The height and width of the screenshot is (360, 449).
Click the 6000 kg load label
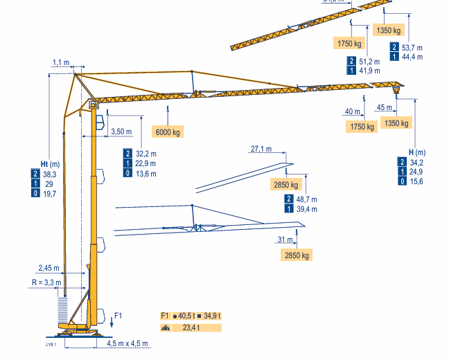point(168,132)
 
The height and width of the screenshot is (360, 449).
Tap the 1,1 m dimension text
point(60,62)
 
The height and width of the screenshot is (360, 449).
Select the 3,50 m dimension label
point(121,132)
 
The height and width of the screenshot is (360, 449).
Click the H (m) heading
point(416,152)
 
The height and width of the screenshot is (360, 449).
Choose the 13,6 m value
point(146,174)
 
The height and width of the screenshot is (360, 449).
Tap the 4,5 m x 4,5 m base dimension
point(128,343)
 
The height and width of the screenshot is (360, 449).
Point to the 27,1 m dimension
point(261,149)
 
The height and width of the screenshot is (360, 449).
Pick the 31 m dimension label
point(284,240)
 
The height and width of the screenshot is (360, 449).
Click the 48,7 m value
point(306,199)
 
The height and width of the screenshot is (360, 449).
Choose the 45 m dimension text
point(385,107)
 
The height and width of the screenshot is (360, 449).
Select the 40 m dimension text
point(353,111)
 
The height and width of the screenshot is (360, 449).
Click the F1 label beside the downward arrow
point(118,316)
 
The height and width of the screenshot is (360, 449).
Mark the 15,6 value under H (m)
point(416,181)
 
